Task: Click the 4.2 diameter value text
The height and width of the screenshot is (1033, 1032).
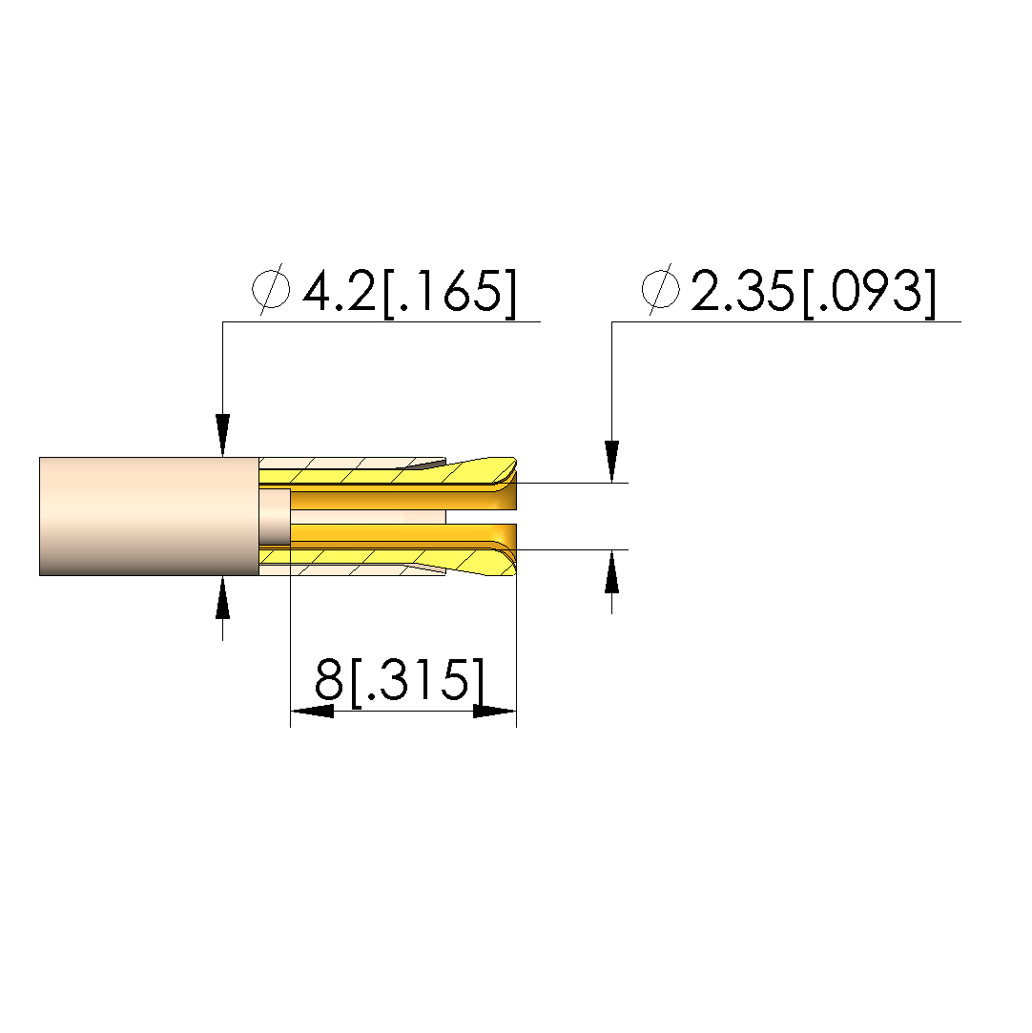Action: click(x=339, y=291)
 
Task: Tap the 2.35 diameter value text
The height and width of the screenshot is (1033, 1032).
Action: click(x=742, y=291)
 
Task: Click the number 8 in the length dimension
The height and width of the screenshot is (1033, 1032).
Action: click(x=329, y=679)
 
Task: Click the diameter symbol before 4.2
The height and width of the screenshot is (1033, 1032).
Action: click(x=271, y=289)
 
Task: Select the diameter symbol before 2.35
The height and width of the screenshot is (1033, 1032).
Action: click(x=660, y=289)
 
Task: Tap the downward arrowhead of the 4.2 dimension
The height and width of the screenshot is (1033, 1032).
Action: click(x=222, y=435)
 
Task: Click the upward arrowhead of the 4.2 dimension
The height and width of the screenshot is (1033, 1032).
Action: click(x=222, y=597)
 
